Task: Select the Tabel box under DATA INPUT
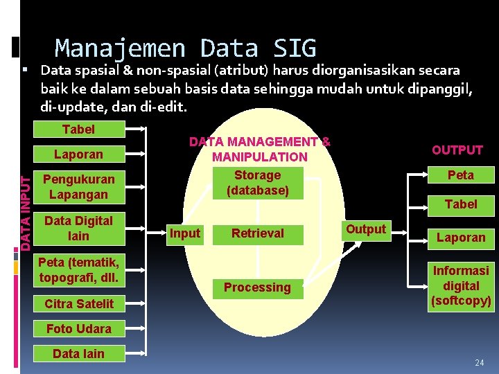[78, 130]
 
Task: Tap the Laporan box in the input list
[78, 154]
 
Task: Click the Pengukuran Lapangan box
[78, 186]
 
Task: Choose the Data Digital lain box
[78, 229]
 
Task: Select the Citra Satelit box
[78, 303]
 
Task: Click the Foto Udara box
[78, 328]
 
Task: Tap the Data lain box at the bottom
[78, 353]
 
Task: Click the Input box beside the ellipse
[185, 233]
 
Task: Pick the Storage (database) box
[257, 182]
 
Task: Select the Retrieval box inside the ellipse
[257, 233]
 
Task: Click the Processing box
[257, 287]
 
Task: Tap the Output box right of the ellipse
[366, 229]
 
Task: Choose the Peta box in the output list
[461, 175]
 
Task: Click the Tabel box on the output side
[461, 204]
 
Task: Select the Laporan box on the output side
[461, 238]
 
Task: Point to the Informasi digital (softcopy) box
[461, 285]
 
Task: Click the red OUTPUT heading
[457, 150]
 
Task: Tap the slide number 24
[479, 363]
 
